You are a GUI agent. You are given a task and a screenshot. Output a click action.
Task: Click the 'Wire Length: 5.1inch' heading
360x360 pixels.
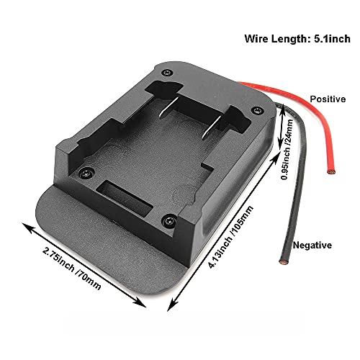click(297, 39)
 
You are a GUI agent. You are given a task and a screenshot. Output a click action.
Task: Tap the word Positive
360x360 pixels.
click(328, 99)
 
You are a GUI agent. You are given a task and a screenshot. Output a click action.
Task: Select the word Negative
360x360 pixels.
click(312, 246)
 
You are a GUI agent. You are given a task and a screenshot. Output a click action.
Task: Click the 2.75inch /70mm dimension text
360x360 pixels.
click(72, 269)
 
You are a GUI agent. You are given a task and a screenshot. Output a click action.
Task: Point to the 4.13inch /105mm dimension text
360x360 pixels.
click(231, 237)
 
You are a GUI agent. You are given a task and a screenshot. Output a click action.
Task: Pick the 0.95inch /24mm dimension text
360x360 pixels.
click(287, 149)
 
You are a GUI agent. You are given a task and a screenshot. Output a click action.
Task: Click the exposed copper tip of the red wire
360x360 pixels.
click(331, 172)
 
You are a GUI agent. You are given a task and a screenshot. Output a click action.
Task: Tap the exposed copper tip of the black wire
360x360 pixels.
click(283, 261)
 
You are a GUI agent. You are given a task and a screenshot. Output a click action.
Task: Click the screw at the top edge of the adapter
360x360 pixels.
click(167, 72)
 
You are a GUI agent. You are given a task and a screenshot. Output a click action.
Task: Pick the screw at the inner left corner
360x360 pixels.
click(86, 174)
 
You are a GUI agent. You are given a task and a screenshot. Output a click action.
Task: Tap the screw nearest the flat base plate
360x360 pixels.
click(169, 221)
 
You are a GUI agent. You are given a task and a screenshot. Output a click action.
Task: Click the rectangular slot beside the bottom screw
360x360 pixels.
click(125, 197)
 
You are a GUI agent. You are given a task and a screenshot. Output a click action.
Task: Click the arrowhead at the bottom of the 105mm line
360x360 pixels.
click(171, 305)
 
